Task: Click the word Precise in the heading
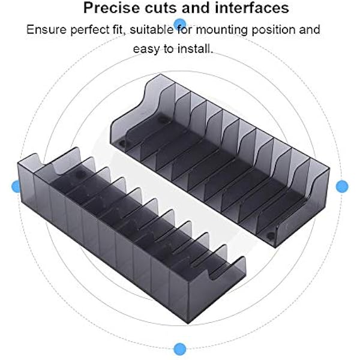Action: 112,8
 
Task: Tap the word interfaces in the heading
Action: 252,8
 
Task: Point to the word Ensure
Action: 47,29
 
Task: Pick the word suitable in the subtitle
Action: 152,29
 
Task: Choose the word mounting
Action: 221,31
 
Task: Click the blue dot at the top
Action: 180,24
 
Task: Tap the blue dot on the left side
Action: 17,186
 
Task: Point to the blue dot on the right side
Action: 342,186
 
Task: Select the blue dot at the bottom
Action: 180,349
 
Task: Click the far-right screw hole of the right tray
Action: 271,236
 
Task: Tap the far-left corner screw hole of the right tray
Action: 122,144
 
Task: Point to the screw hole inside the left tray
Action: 80,175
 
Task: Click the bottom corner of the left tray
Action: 188,323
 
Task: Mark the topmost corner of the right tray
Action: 160,74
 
